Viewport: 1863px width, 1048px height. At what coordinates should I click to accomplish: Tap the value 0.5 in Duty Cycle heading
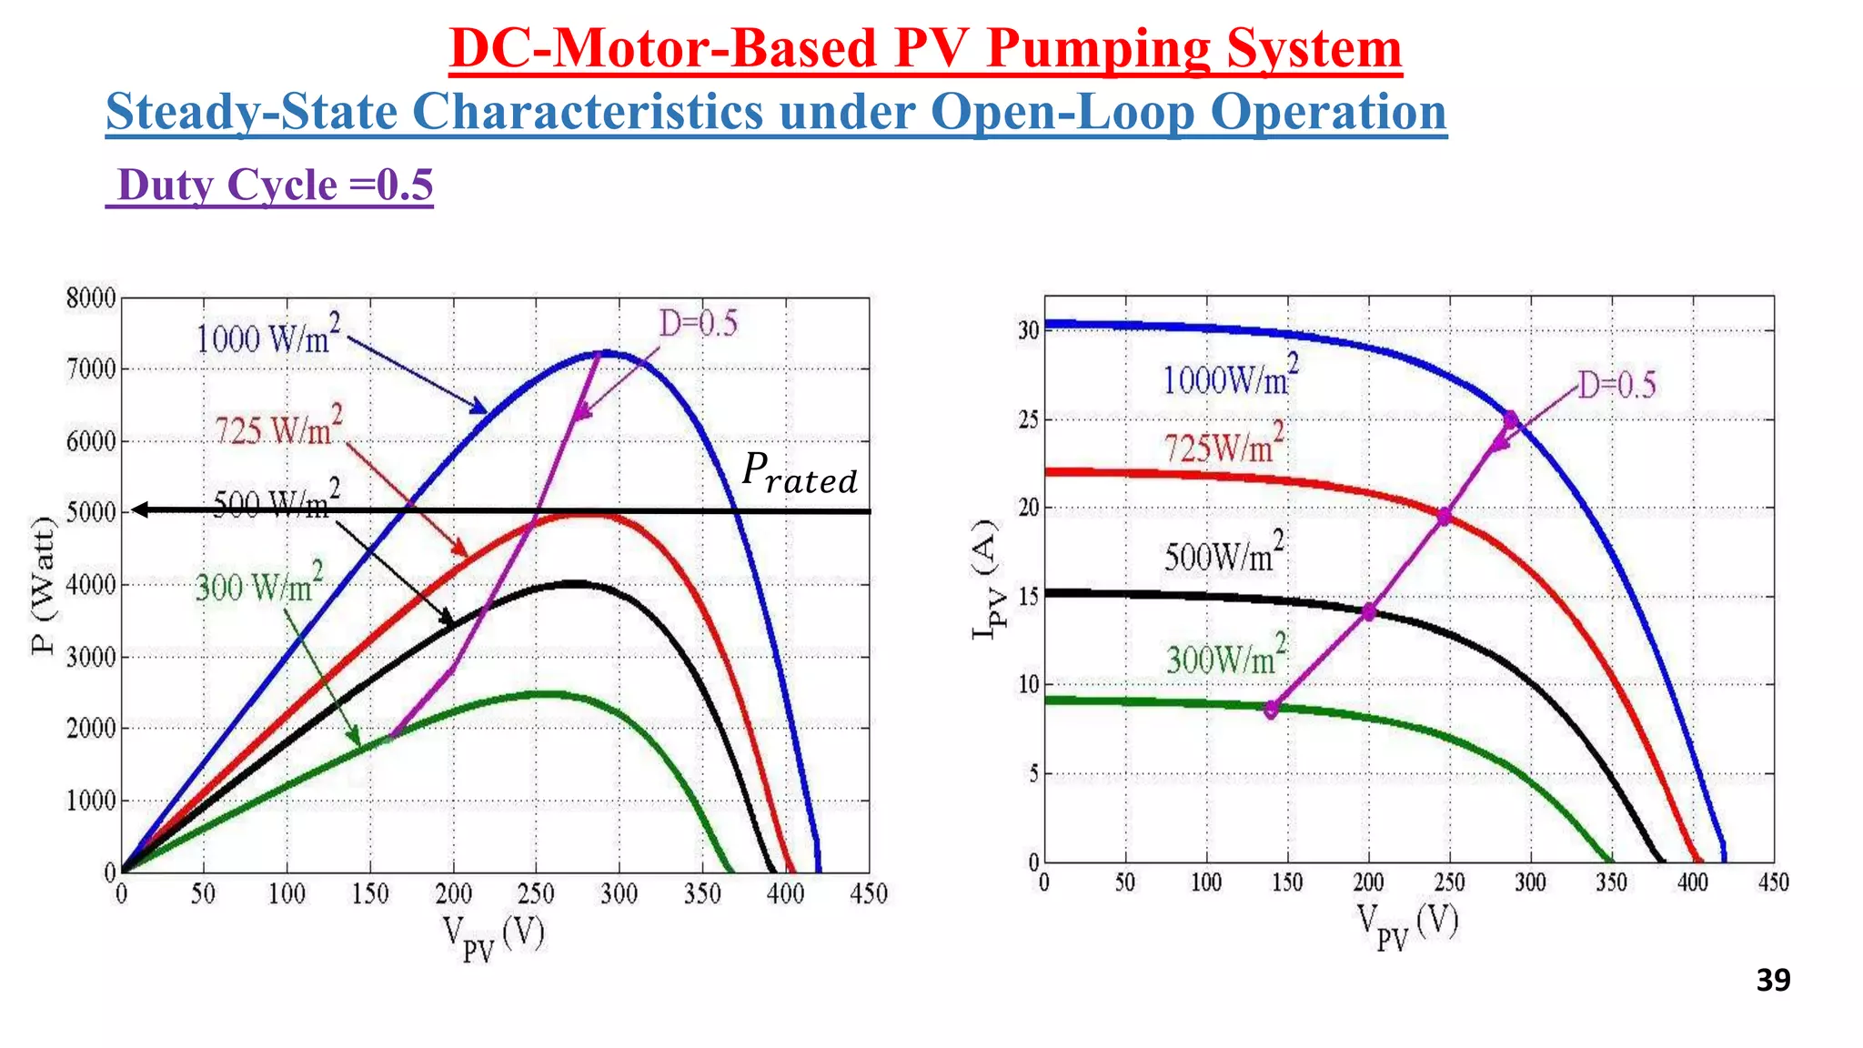405,186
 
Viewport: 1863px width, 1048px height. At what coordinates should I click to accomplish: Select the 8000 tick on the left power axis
91,298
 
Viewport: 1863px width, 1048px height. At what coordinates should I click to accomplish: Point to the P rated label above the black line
799,474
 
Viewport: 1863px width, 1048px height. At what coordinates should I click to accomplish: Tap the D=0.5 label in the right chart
1616,386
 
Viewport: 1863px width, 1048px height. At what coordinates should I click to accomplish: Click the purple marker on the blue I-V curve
1511,419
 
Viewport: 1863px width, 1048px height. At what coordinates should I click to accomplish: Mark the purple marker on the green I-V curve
1271,710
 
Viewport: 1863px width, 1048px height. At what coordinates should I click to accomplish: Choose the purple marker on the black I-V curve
1369,611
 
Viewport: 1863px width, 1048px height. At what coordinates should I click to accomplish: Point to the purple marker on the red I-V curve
1444,517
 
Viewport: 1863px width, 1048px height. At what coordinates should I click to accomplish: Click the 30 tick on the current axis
1028,330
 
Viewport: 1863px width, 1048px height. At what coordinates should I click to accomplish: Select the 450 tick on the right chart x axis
1773,882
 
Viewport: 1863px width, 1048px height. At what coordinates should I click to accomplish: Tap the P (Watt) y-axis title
44,585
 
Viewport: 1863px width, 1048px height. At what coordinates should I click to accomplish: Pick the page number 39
1773,981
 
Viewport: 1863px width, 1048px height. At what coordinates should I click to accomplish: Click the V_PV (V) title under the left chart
493,937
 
